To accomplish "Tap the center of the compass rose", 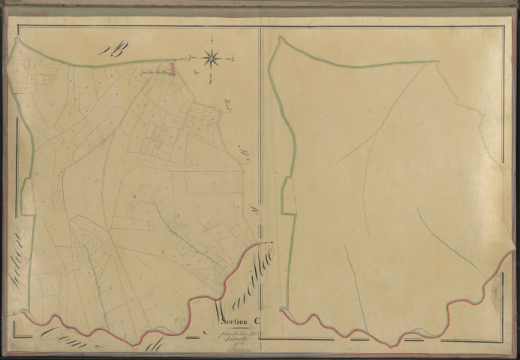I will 211,56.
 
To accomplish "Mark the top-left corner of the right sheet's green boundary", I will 278,38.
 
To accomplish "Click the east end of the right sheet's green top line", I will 437,61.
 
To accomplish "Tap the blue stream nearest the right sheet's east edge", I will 448,240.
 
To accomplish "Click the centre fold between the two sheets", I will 260,180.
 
